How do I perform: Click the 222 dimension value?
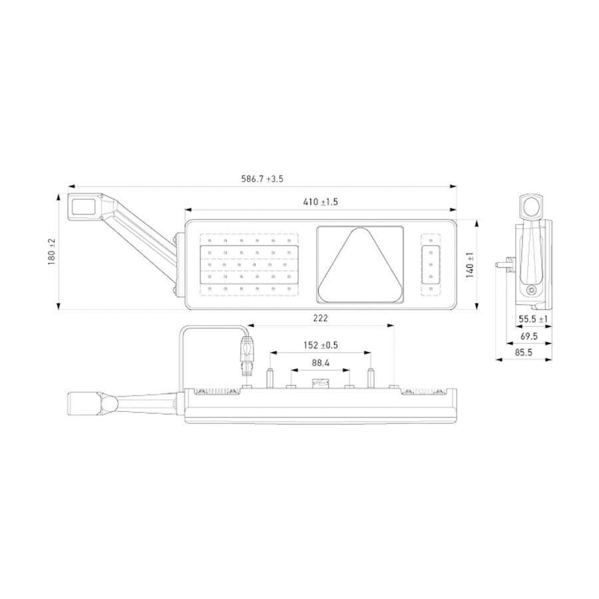pos(320,319)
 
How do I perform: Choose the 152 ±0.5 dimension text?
pos(321,345)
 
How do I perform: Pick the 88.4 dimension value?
pos(320,363)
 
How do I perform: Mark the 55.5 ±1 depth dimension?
pos(533,319)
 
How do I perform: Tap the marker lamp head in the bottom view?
pos(85,403)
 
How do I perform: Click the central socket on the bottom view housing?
pos(320,383)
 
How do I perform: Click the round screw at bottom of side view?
pos(530,292)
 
